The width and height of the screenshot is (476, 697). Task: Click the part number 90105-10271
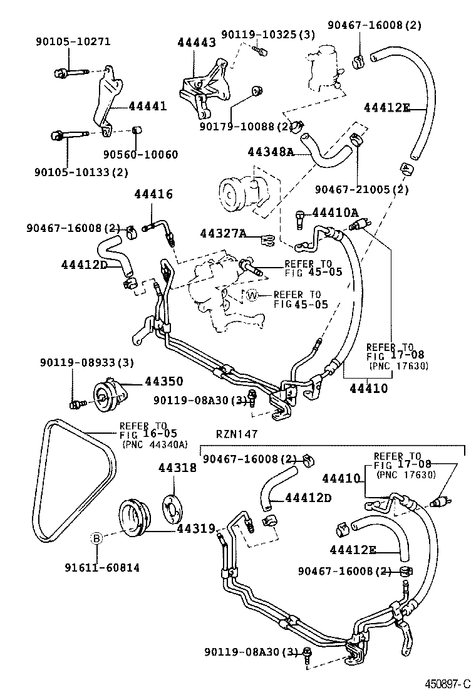72,42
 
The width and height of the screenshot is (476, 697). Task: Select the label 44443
196,43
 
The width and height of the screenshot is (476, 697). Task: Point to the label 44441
148,107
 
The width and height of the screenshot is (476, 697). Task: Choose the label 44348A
271,152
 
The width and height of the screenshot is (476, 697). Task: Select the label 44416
153,195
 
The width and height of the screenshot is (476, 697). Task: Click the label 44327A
222,234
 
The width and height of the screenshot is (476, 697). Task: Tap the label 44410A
335,213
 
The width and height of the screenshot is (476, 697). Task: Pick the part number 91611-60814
101,567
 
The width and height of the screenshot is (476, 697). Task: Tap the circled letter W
252,295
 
